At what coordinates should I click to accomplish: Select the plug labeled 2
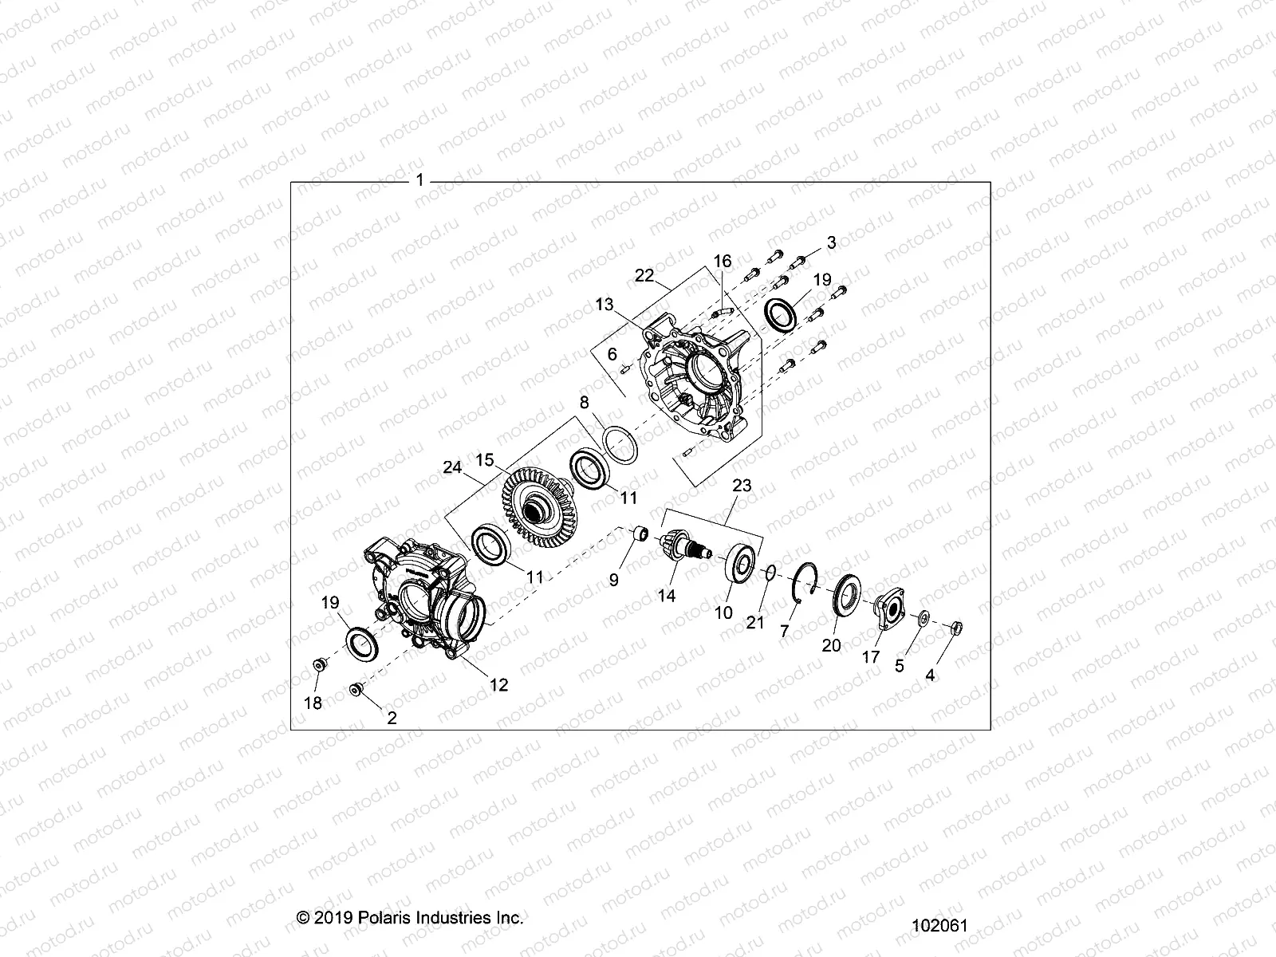point(356,688)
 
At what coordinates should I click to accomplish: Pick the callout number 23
point(742,486)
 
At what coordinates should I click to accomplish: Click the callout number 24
point(452,467)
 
